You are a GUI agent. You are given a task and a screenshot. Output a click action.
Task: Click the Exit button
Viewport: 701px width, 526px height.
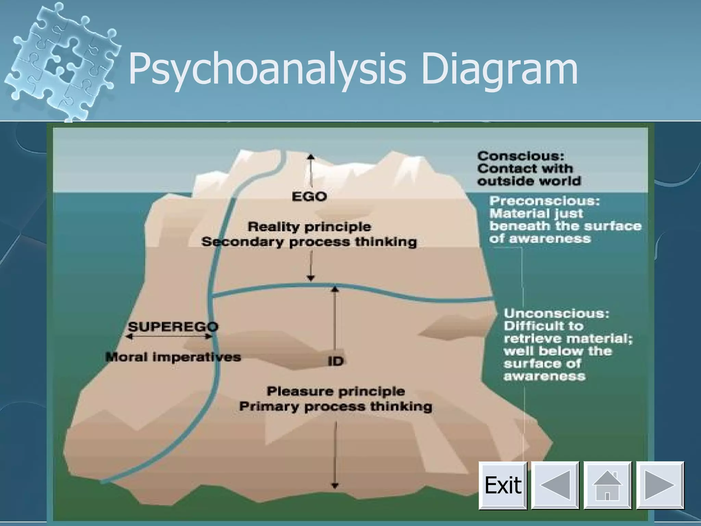point(502,485)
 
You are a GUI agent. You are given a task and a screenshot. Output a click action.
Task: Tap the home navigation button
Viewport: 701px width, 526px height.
point(607,485)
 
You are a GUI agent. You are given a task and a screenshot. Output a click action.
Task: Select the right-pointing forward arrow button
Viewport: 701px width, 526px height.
point(660,485)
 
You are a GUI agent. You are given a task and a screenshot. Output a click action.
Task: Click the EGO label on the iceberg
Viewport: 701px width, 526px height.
point(309,197)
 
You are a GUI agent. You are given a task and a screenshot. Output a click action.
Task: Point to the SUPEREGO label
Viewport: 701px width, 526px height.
point(173,326)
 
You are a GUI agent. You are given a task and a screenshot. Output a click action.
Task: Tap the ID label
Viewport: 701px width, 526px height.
point(335,361)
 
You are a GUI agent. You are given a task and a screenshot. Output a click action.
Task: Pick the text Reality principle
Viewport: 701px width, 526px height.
point(309,227)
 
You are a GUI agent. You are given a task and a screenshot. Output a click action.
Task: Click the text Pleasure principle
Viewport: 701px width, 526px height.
point(335,391)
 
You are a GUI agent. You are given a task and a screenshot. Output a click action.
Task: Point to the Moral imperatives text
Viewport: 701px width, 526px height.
point(173,357)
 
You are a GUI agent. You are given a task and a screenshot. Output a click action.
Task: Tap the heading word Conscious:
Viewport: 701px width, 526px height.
point(520,156)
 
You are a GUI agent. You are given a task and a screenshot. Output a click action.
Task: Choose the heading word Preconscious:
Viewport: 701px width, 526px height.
point(544,201)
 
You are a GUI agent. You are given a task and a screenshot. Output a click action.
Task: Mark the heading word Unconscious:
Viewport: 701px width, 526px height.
point(557,313)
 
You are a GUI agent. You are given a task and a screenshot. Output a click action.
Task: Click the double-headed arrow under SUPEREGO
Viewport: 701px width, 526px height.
point(169,337)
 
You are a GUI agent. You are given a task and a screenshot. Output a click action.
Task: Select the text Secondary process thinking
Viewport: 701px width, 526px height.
point(309,242)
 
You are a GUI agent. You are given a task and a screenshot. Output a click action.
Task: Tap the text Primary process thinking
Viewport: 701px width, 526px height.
point(335,406)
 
